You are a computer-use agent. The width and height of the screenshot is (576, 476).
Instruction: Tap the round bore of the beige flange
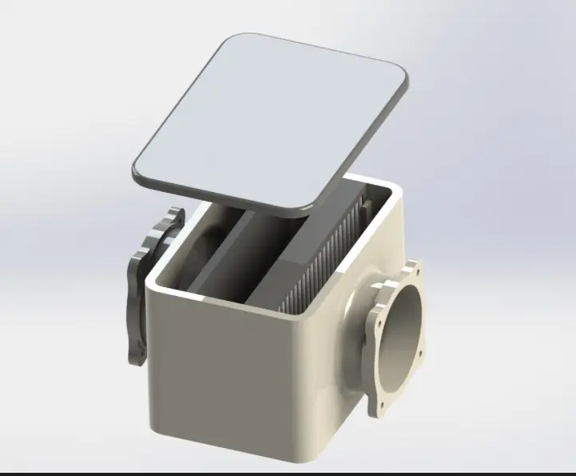click(x=407, y=328)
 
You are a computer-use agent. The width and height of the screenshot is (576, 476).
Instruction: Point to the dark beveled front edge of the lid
click(x=216, y=190)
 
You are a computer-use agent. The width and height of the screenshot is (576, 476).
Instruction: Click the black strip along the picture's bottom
click(x=288, y=473)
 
